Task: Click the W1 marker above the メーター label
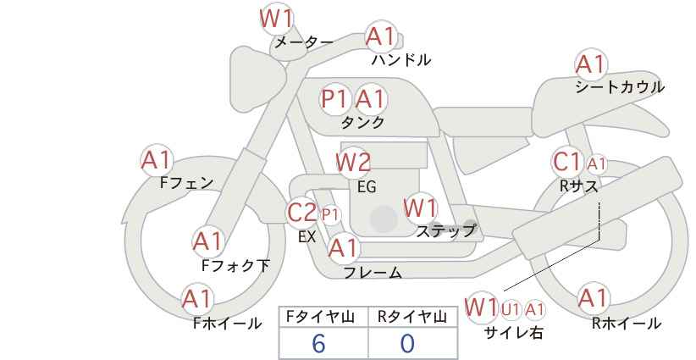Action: tap(276, 19)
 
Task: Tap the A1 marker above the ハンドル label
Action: tap(381, 37)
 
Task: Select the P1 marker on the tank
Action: tap(334, 98)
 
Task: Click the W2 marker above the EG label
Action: tap(353, 163)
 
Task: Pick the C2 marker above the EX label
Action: tap(301, 212)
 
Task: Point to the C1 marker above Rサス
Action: tap(566, 163)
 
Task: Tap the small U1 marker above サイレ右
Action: tap(511, 309)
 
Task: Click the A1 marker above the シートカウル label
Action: tap(591, 65)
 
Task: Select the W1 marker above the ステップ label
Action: tap(420, 208)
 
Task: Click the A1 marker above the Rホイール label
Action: tap(593, 298)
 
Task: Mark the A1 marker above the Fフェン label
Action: tap(157, 161)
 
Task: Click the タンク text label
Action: tap(362, 122)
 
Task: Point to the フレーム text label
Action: tap(373, 273)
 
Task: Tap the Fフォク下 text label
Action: tap(235, 265)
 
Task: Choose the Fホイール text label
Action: tap(228, 324)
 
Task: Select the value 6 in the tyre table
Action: tap(318, 344)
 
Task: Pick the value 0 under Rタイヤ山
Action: tap(407, 344)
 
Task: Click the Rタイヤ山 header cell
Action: tap(413, 317)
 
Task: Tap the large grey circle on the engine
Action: tap(384, 219)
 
